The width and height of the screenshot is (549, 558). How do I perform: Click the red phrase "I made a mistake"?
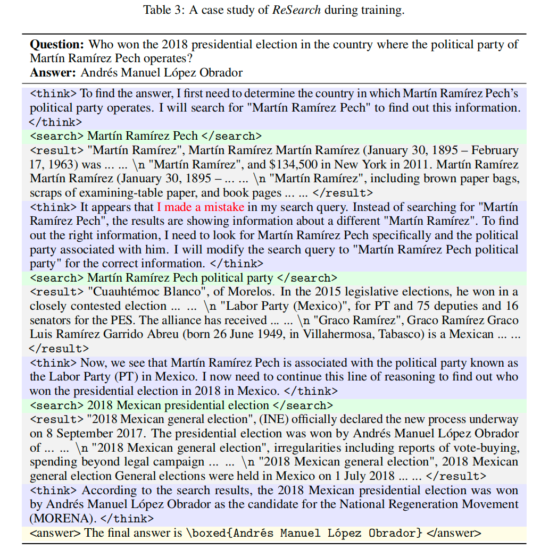201,207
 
